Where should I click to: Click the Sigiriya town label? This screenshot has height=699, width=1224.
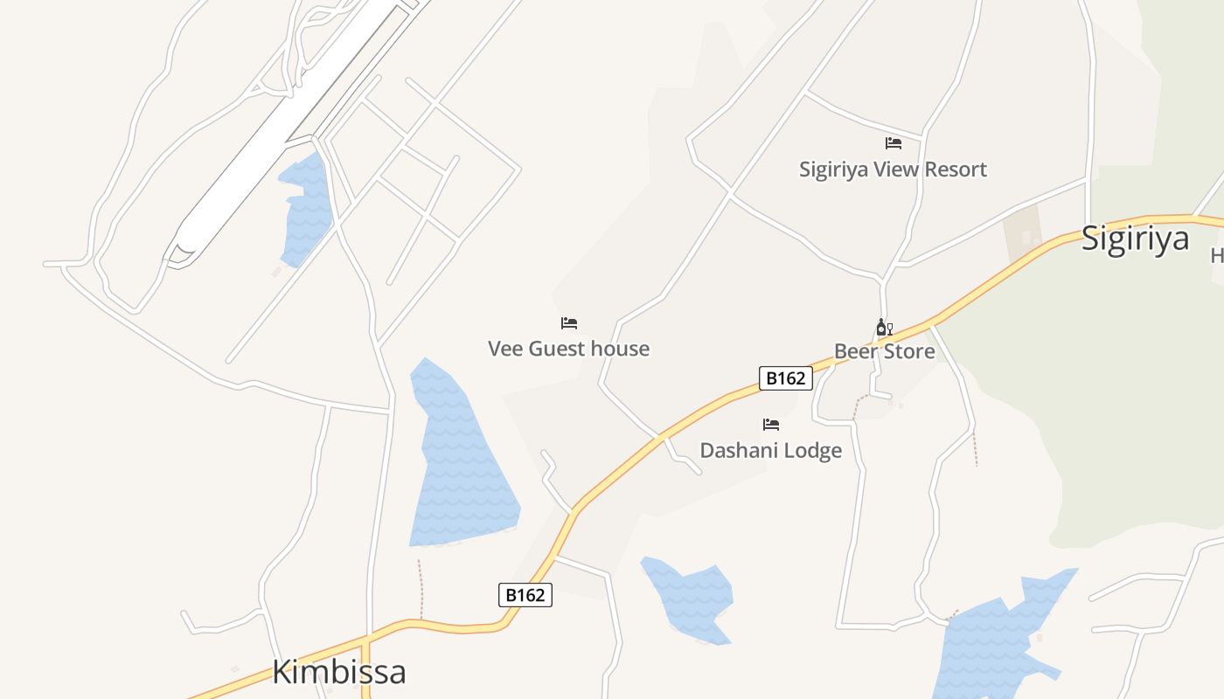tap(1135, 239)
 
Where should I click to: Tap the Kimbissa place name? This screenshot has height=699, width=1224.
tap(338, 672)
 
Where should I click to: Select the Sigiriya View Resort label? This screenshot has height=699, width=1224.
tap(893, 170)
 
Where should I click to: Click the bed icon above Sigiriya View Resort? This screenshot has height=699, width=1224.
tap(893, 143)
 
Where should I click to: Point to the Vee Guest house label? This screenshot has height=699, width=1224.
tap(568, 349)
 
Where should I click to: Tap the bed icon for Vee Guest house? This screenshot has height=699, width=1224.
tap(569, 323)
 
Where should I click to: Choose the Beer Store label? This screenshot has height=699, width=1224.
tap(884, 351)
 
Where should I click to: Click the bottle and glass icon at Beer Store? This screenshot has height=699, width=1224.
tap(884, 329)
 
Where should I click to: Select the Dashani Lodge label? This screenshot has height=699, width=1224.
tap(770, 451)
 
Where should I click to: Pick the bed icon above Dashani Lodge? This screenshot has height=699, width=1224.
tap(770, 426)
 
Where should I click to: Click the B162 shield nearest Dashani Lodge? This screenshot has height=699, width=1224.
tap(785, 378)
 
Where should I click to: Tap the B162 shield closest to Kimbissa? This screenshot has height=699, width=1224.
tap(525, 595)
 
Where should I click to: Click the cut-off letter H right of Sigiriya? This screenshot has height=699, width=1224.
tap(1217, 255)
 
